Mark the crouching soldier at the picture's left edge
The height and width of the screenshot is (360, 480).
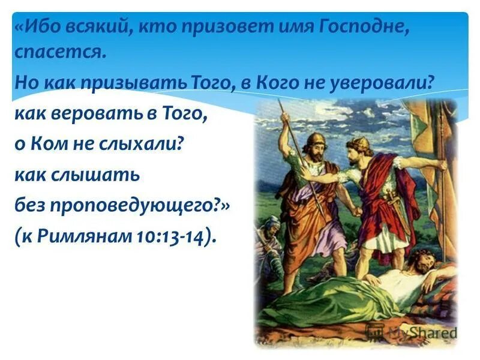(x=267, y=240)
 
